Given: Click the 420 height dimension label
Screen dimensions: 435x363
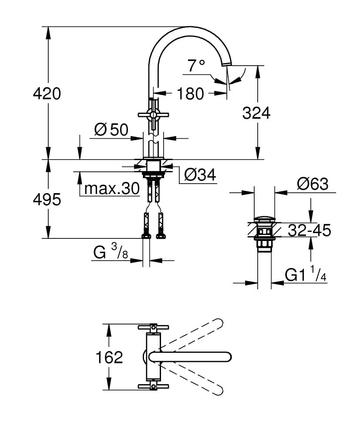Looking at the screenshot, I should point(47,94).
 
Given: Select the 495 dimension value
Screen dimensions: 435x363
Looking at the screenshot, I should point(47,200).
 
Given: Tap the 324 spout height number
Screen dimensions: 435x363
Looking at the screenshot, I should point(256,113).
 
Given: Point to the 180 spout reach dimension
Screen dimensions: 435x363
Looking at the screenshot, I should point(191,94).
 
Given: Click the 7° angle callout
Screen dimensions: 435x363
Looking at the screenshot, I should point(196,66).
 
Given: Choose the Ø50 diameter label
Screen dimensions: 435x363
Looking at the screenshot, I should point(111,130).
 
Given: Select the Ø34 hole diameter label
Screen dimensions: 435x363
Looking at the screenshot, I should point(200,175).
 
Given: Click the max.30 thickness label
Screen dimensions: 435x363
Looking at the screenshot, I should point(111,189).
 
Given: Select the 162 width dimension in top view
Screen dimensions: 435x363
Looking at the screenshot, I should point(109,357).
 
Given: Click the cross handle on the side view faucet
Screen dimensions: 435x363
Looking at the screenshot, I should point(153,115).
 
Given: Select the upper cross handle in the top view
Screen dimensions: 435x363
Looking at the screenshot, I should point(153,327).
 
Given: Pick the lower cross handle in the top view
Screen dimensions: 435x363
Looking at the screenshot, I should point(153,386).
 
